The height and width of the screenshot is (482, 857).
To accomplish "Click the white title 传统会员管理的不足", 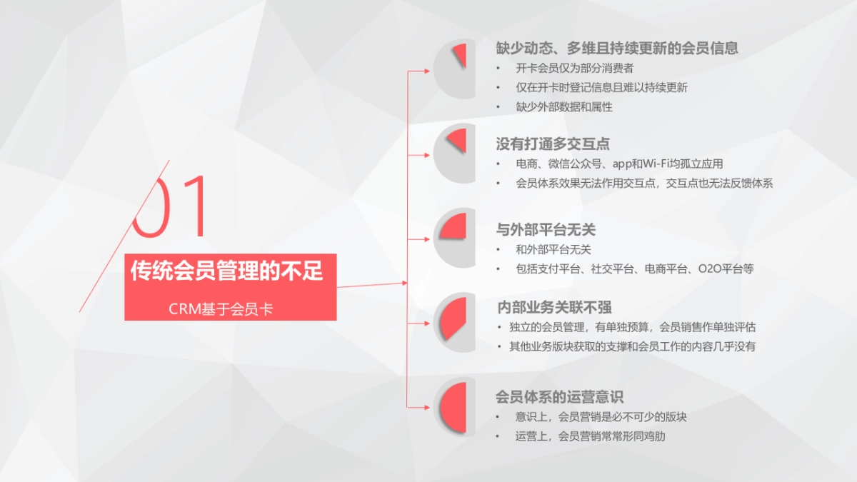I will pos(227,271).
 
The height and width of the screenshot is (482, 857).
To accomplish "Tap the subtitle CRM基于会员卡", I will pos(221,309).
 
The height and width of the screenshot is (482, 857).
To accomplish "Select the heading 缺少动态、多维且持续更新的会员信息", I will pos(617,48).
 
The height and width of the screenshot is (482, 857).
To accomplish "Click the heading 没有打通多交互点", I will pos(553,144).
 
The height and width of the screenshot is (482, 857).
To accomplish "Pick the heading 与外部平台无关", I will pos(546,230).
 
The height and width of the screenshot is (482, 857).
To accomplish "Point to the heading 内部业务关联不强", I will pos(554,308).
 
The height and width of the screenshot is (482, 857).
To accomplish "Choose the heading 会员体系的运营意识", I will pos(560,397).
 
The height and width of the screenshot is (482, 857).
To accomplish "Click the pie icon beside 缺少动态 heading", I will pos(454,69).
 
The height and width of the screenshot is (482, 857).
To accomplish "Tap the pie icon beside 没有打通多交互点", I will pos(454,153).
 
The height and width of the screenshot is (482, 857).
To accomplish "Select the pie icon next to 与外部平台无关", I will pos(454,238).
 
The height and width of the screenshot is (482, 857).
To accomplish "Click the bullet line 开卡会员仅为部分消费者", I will pos(574,69).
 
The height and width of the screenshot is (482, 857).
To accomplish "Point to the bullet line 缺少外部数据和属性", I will pos(564,107).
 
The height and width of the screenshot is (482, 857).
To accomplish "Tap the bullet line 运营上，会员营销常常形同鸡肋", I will pos(590,436).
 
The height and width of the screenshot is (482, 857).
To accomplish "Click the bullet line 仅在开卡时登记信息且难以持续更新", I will pos(601,88).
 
